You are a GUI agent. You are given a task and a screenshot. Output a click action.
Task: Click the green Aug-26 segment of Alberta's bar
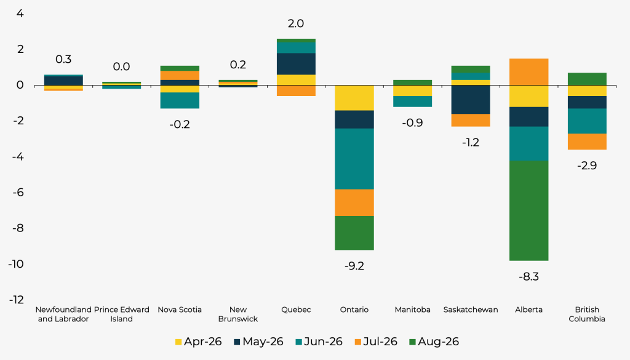coord(528,210)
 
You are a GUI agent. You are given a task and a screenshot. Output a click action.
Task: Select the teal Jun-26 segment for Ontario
coord(354,159)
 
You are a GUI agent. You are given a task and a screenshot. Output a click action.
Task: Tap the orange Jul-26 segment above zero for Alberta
coord(528,72)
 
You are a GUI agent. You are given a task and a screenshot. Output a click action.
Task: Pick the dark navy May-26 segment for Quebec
coord(296,64)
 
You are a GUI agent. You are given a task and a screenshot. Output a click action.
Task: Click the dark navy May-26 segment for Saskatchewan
coord(471,100)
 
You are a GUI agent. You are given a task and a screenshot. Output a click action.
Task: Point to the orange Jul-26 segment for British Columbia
coord(587,142)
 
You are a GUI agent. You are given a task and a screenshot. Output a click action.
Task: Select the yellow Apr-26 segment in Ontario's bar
coord(354,98)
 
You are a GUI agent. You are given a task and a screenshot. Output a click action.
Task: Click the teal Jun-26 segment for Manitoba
coord(413,102)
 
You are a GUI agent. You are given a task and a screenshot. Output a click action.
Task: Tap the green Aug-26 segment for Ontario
coord(354,233)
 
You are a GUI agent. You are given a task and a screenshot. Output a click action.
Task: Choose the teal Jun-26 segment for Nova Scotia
coord(180,100)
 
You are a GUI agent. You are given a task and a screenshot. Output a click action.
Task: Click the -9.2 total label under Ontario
coord(354,266)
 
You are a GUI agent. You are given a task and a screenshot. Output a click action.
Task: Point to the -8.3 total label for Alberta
coord(528,277)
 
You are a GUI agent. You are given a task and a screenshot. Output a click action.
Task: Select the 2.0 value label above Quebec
coord(296,24)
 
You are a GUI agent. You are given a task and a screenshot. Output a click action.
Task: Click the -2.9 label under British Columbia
coord(587,166)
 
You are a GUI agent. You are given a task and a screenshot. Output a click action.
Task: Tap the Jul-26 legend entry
coord(376,342)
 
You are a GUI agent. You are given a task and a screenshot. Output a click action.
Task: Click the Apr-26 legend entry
coord(199,342)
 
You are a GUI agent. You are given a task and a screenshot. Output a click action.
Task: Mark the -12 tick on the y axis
coord(17,300)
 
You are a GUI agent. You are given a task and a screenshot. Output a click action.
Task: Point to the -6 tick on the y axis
coord(18,193)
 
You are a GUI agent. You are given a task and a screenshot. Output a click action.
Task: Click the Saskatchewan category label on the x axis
coord(471,310)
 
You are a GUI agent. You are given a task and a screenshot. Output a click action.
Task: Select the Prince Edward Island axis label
coord(121,314)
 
